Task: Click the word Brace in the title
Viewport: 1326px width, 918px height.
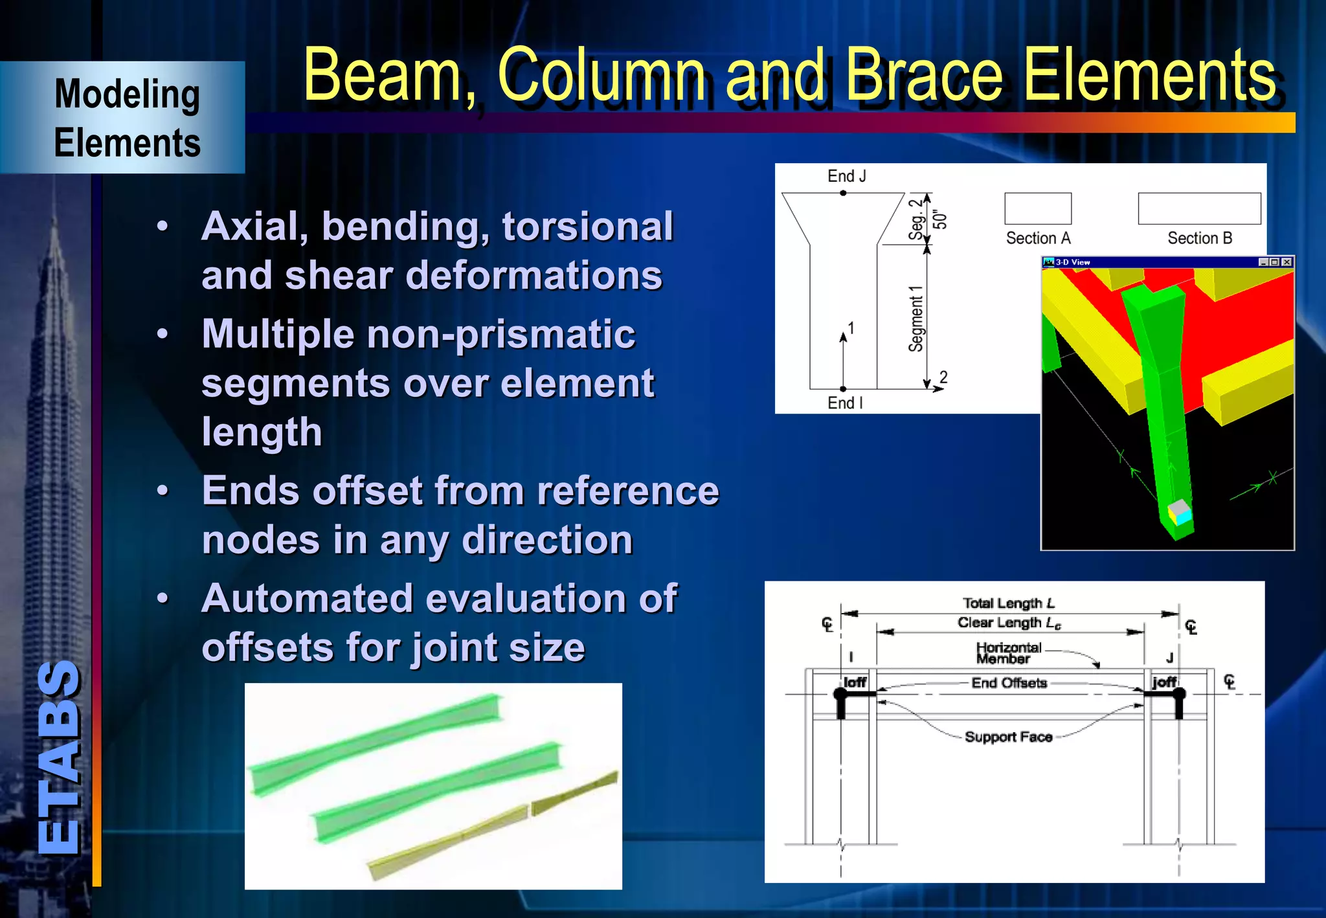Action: click(x=926, y=76)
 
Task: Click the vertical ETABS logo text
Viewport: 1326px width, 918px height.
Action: click(x=60, y=757)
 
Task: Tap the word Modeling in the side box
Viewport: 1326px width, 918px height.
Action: click(x=127, y=95)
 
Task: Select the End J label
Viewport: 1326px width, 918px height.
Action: click(x=846, y=176)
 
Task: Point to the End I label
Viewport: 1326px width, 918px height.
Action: click(x=845, y=403)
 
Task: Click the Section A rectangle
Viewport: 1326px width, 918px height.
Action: click(x=1037, y=208)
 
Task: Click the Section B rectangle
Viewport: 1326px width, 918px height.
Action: click(x=1199, y=208)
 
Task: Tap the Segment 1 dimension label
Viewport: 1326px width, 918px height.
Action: click(x=916, y=319)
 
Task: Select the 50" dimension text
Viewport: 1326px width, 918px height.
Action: click(x=941, y=219)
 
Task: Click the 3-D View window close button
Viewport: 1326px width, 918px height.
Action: click(x=1287, y=262)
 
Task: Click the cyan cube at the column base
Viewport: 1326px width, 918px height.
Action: click(x=1182, y=517)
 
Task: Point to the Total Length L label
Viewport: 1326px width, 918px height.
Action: click(x=1008, y=603)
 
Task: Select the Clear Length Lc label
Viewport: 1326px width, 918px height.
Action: click(x=1009, y=623)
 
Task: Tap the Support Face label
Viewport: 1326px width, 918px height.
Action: click(x=1008, y=737)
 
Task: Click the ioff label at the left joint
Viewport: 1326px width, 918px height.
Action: click(x=855, y=682)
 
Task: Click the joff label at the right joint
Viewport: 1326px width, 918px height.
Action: click(x=1163, y=682)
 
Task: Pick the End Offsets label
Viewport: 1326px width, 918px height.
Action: click(x=1009, y=683)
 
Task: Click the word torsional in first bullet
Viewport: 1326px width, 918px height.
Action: click(x=587, y=227)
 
